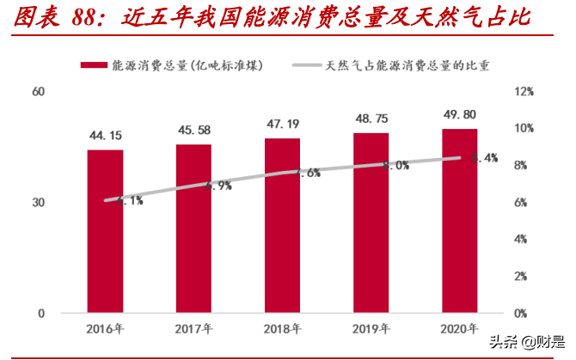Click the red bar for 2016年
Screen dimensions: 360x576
pos(105,230)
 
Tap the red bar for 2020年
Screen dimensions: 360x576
pos(460,220)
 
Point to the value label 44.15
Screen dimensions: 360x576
pos(105,136)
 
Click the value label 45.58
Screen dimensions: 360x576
pos(193,130)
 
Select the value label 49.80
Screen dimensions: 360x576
pos(460,114)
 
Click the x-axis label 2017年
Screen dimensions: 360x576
pos(193,329)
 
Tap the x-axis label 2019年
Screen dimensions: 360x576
pos(371,329)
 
